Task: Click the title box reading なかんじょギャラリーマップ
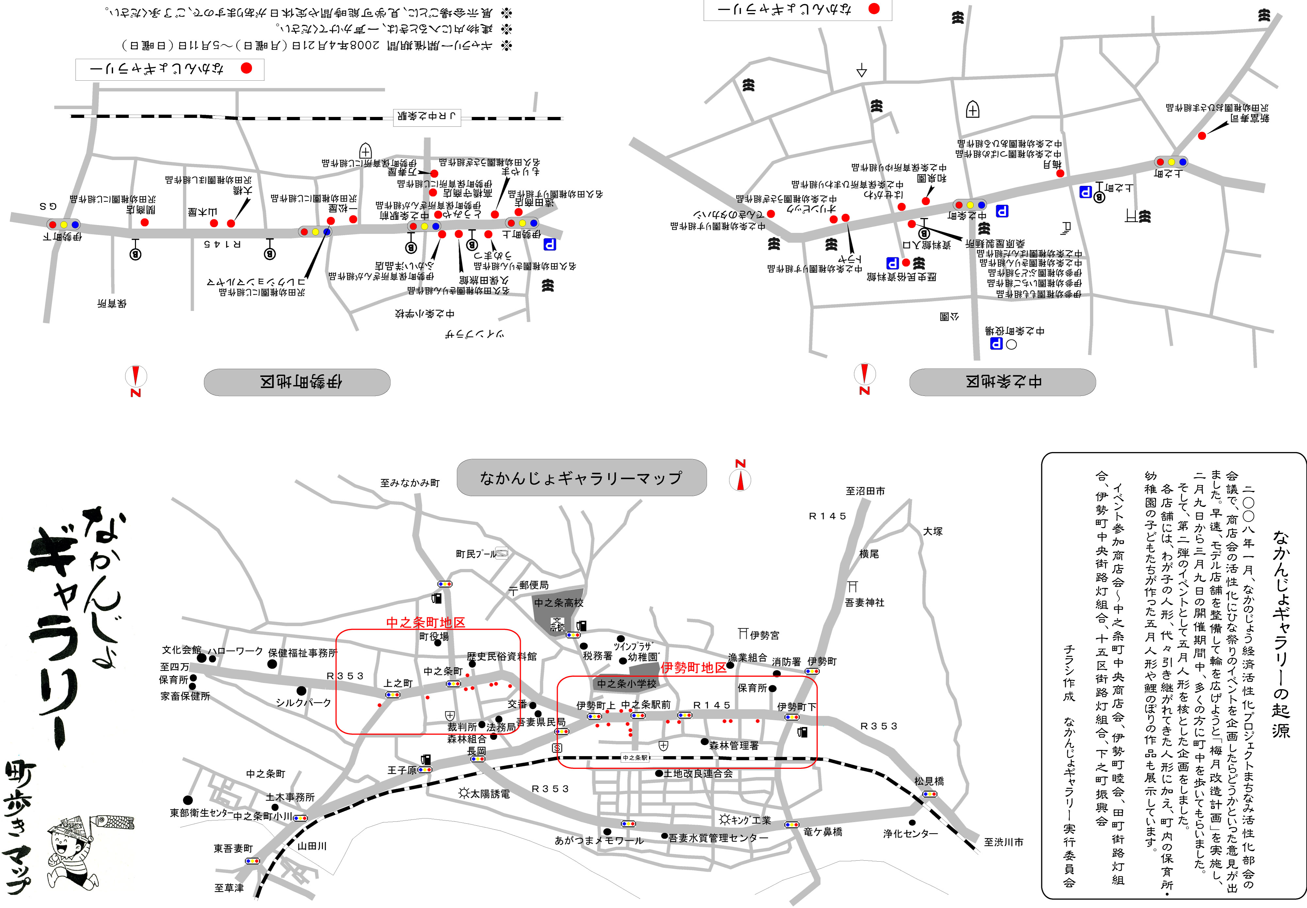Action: click(x=581, y=478)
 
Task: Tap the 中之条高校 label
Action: click(x=558, y=603)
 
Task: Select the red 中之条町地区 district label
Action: click(x=426, y=623)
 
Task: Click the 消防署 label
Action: click(x=786, y=662)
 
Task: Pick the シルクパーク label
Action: click(x=303, y=703)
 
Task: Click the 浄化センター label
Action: click(x=910, y=834)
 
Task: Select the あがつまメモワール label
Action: click(x=599, y=840)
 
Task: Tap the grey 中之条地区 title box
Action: click(x=1002, y=382)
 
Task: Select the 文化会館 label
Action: click(x=181, y=650)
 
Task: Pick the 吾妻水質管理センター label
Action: click(x=718, y=837)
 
